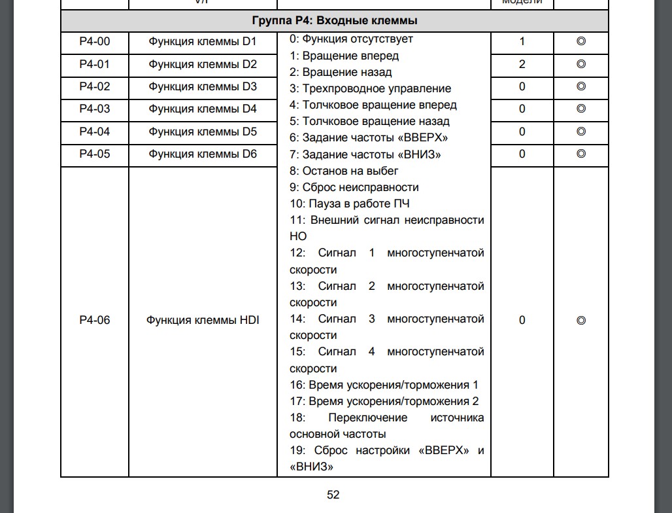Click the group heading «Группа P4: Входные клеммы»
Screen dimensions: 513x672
[x=333, y=21]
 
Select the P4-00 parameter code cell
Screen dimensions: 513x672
[x=94, y=43]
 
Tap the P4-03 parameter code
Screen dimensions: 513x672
[x=94, y=109]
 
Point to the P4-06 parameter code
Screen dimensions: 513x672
[x=94, y=321]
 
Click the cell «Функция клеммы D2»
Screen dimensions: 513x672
[x=203, y=65]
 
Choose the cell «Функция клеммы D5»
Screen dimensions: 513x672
[x=203, y=132]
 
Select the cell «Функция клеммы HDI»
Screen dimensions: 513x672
[x=203, y=321]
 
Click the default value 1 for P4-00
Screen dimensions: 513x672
[x=522, y=43]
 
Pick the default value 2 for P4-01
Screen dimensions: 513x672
[x=522, y=65]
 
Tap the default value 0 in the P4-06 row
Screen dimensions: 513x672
[x=522, y=321]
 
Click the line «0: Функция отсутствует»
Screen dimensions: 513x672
[x=351, y=39]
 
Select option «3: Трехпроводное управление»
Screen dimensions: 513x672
[x=370, y=88]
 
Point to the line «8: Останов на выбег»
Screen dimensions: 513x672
[x=344, y=171]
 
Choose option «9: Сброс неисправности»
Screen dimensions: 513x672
[x=354, y=187]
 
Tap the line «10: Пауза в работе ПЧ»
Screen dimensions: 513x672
[x=350, y=203]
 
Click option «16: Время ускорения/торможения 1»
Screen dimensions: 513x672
[x=384, y=385]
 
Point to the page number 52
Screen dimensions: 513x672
[x=333, y=495]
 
